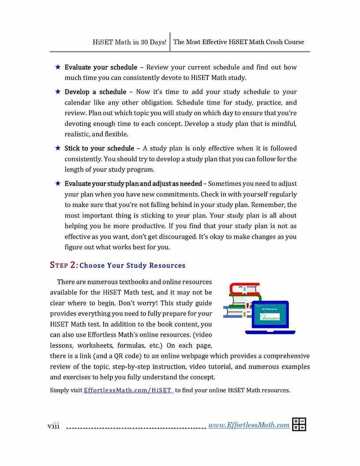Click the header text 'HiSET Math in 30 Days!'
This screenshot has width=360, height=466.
[x=129, y=42]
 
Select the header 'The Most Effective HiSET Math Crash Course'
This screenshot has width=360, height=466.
[x=239, y=42]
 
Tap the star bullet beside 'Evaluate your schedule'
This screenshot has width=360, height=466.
[x=58, y=67]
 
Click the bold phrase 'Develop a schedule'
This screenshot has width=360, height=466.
[x=95, y=92]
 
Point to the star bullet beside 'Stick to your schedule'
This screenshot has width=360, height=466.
[x=58, y=148]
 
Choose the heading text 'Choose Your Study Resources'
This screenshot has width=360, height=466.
[x=132, y=266]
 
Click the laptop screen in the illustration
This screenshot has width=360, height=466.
[x=270, y=314]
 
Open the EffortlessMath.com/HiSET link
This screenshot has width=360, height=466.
[x=128, y=390]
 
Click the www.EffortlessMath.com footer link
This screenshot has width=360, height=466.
[x=249, y=425]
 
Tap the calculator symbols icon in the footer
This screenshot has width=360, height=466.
[x=299, y=425]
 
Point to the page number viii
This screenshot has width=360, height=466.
[x=53, y=425]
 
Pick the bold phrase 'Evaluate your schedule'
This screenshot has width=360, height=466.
[x=101, y=67]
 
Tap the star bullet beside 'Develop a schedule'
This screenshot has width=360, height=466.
[x=58, y=92]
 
